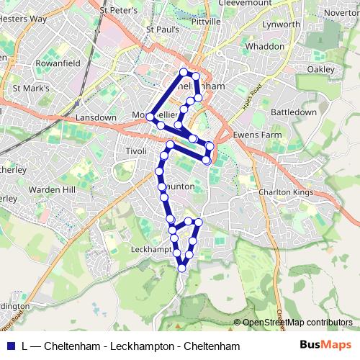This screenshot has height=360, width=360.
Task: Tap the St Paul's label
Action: (x=161, y=30)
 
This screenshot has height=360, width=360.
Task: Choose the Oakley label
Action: (x=321, y=68)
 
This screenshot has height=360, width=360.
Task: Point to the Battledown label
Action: (x=294, y=113)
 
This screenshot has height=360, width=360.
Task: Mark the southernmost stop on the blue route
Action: (x=181, y=268)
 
